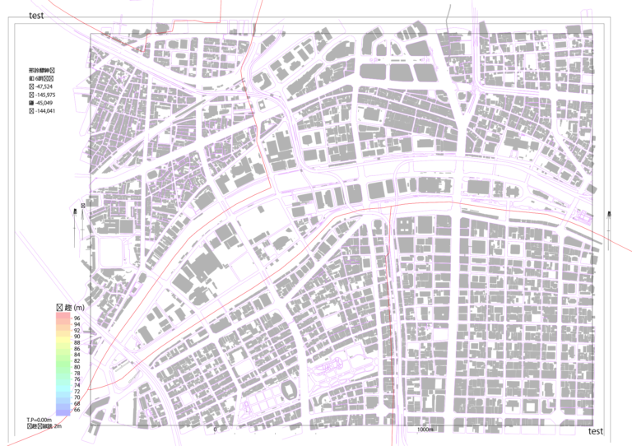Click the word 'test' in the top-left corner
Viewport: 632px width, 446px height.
[x=36, y=15]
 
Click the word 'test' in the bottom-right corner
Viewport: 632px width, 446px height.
[x=596, y=431]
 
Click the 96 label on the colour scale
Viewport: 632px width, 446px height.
[x=77, y=318]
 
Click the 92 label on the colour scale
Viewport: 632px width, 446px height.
[x=77, y=330]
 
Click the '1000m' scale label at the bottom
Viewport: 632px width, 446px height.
[x=425, y=430]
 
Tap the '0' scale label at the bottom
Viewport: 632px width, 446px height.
[x=215, y=430]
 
